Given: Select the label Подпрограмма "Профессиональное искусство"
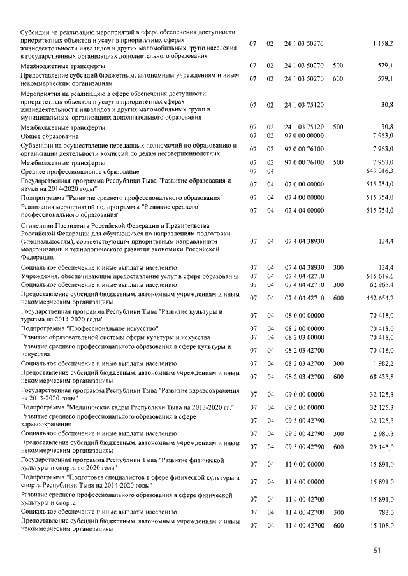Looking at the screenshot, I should tap(90, 328).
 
